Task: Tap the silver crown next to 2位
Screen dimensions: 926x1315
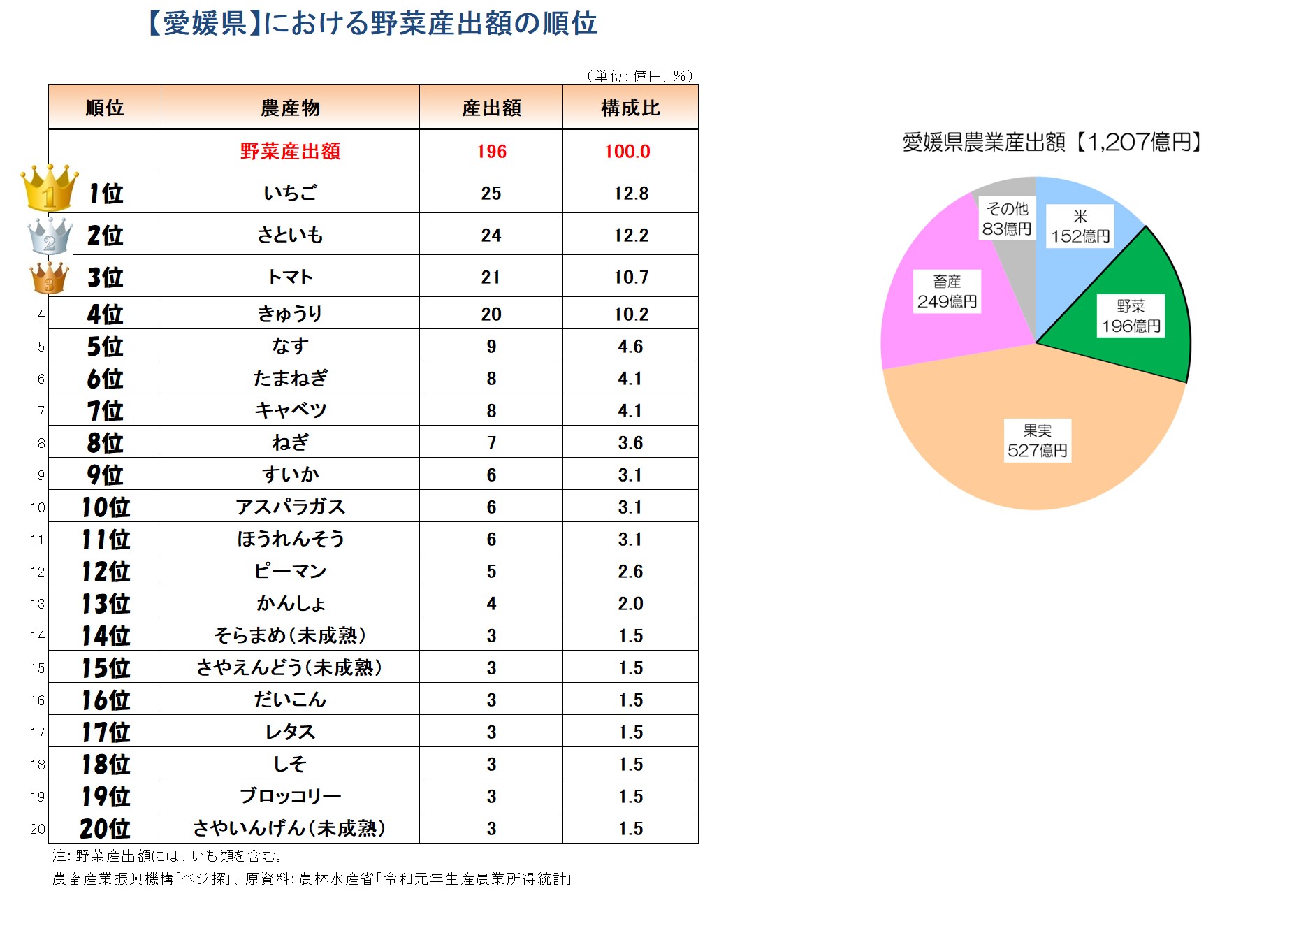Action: click(x=50, y=236)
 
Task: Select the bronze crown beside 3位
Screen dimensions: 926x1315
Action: click(x=50, y=277)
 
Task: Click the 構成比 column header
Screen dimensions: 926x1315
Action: click(x=630, y=108)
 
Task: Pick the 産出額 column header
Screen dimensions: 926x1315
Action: click(x=491, y=108)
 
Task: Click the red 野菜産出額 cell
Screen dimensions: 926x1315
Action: click(x=290, y=151)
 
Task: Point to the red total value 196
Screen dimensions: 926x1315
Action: click(x=491, y=151)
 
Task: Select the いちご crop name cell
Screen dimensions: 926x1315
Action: click(x=290, y=193)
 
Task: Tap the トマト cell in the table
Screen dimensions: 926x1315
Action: click(x=290, y=277)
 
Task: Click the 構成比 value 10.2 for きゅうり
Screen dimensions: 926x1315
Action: click(x=631, y=314)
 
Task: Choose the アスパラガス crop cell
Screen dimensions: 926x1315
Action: click(x=290, y=507)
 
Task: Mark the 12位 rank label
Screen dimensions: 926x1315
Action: click(x=106, y=571)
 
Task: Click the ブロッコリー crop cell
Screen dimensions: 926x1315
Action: click(x=290, y=796)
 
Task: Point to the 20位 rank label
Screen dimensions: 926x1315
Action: click(x=106, y=828)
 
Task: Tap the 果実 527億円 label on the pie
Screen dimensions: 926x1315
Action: click(x=1037, y=441)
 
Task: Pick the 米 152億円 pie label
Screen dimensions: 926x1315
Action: click(x=1080, y=226)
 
